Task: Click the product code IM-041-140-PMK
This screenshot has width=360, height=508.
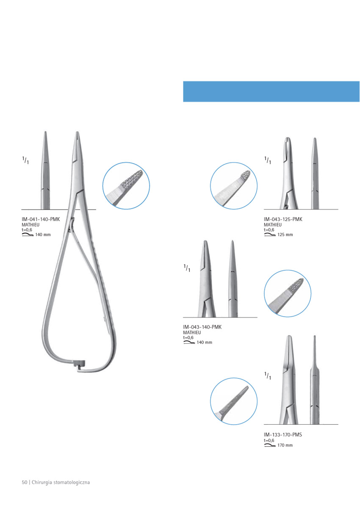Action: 41,219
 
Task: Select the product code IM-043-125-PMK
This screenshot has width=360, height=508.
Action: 283,219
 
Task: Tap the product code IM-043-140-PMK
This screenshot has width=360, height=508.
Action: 202,327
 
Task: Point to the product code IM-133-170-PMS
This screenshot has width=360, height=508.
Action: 282,435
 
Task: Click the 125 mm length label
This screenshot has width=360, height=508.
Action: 285,235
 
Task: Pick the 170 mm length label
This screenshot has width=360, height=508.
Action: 285,445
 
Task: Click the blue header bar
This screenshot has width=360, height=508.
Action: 271,91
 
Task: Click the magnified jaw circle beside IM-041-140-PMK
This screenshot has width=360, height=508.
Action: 126,186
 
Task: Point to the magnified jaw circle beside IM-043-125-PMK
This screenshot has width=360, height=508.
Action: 234,186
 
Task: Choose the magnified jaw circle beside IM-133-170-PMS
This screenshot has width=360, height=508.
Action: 234,401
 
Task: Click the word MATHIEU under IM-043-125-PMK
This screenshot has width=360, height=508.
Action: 273,225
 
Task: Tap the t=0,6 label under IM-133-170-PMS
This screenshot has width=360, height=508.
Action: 269,440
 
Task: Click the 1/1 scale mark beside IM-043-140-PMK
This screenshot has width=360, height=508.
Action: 187,268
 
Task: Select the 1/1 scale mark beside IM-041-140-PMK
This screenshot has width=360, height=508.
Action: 25,160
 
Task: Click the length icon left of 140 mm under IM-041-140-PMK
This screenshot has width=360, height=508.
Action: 28,235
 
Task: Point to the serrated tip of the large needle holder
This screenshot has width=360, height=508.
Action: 78,134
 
